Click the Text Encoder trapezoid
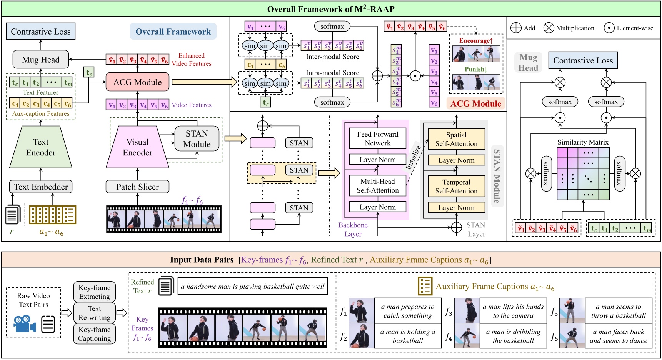point(41,147)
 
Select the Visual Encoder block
point(137,147)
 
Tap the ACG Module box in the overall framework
point(137,82)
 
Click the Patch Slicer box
point(137,187)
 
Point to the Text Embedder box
point(41,187)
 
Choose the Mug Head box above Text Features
point(41,60)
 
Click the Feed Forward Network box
point(377,138)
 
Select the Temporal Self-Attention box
point(456,187)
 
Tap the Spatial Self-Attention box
point(456,139)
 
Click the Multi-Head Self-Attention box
point(377,186)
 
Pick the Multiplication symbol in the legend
point(549,28)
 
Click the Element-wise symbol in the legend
point(609,28)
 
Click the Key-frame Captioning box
point(95,334)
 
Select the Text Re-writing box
point(95,313)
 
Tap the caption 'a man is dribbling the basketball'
point(513,336)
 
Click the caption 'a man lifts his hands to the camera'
point(513,311)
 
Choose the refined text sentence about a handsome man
point(253,287)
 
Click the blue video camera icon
point(24,324)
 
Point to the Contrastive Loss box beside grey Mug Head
point(583,61)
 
